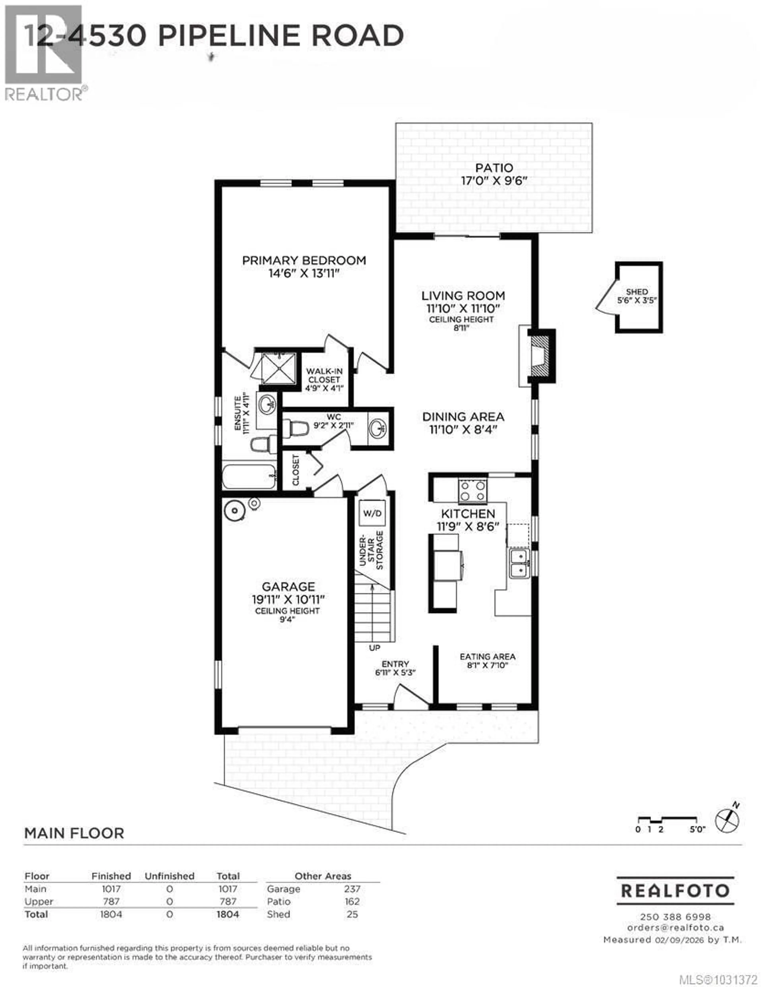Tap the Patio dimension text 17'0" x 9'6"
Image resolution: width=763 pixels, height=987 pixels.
(x=494, y=181)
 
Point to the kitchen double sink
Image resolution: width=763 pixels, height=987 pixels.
(x=520, y=563)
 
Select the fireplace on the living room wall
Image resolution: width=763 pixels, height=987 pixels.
(x=541, y=356)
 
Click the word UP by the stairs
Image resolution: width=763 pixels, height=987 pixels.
(x=374, y=648)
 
